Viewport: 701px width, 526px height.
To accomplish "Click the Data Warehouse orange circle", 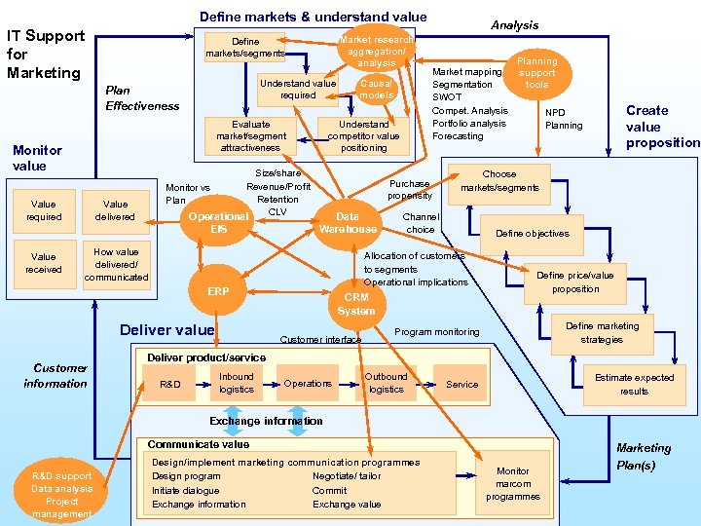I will pos(348,222).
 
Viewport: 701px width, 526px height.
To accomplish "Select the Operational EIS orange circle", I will pos(218,221).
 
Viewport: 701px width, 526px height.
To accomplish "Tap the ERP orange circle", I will pos(218,291).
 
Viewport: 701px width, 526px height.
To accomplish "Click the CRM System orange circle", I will pos(355,303).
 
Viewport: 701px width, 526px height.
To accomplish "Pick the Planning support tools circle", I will pos(536,73).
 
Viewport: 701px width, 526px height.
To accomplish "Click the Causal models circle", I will pos(376,89).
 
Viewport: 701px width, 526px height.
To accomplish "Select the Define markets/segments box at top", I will pos(245,48).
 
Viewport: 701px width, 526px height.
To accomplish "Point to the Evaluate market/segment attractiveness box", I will pos(251,136).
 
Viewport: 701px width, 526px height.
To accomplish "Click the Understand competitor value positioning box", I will pos(363,136).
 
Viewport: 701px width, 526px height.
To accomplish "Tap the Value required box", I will pos(44,210).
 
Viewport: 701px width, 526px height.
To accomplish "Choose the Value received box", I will pos(44,263).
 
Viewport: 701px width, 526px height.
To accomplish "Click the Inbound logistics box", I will pos(236,383).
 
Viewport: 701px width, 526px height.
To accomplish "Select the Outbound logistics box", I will pos(386,383).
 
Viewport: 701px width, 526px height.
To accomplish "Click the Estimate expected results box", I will pos(634,384).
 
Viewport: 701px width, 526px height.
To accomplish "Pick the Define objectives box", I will pos(533,234).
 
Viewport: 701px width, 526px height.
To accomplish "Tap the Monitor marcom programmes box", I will pos(513,484).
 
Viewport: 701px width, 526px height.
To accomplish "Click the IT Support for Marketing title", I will pos(46,54).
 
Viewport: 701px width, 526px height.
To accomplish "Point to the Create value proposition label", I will pos(662,127).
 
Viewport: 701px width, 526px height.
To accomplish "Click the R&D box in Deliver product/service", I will pos(170,384).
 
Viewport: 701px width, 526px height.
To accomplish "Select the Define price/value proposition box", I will pos(575,282).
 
